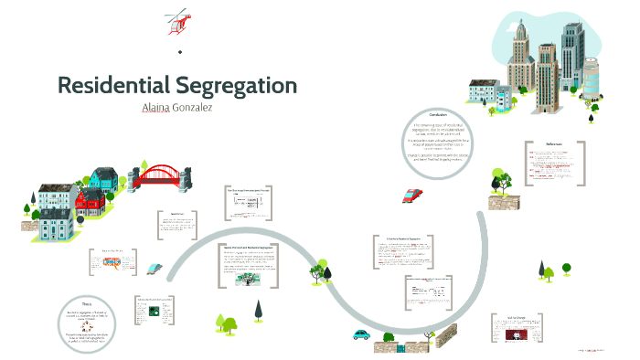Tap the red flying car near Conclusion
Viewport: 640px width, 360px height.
411,196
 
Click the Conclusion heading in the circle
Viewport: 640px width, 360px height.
445,115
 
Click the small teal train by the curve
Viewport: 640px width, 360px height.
155,270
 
